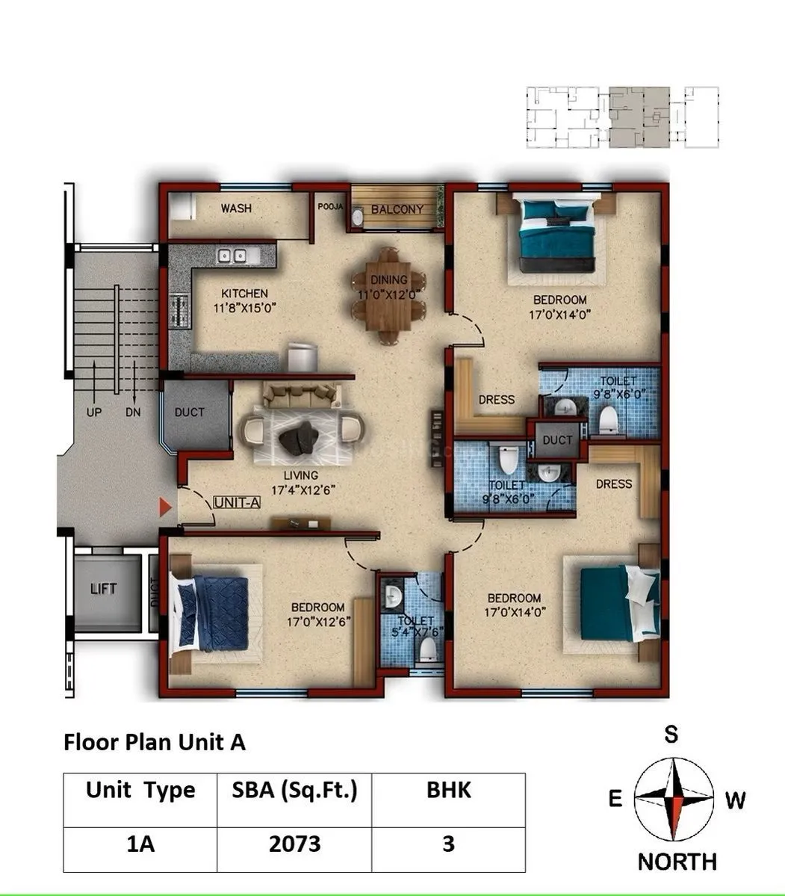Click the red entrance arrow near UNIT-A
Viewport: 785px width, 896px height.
[x=165, y=508]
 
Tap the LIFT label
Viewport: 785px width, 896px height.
[x=103, y=589]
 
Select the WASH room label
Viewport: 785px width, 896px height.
[x=236, y=208]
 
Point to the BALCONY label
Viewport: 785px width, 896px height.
[x=397, y=210]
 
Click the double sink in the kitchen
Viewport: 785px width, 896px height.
[x=232, y=256]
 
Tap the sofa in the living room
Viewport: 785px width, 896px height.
[x=302, y=395]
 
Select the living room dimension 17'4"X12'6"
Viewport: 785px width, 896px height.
[x=301, y=490]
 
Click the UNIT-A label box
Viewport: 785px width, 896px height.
[x=236, y=503]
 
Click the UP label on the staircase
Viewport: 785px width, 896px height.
[x=94, y=412]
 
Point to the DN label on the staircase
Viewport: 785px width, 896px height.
[x=133, y=412]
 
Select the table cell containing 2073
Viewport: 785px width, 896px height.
[x=294, y=844]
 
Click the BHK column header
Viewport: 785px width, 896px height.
[x=448, y=790]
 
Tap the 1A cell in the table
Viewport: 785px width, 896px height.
[x=140, y=844]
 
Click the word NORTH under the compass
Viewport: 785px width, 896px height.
[x=677, y=862]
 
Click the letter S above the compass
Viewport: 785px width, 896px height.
[x=671, y=735]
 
